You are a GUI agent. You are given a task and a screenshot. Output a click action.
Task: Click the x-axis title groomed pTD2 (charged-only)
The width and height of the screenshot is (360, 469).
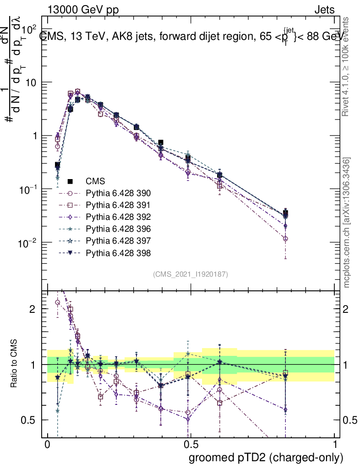coord(266,458)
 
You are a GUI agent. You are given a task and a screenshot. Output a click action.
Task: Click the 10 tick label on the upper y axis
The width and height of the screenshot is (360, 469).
coord(31,82)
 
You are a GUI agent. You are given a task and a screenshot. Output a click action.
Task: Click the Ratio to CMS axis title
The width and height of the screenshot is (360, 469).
coord(15,365)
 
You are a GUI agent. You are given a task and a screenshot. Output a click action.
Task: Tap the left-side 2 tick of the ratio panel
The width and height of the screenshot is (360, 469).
coord(32,309)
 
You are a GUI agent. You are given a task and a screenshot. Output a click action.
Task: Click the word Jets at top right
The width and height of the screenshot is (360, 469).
coord(324,10)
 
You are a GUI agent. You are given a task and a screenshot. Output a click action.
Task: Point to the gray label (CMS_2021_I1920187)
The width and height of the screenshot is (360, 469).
coord(191,274)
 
